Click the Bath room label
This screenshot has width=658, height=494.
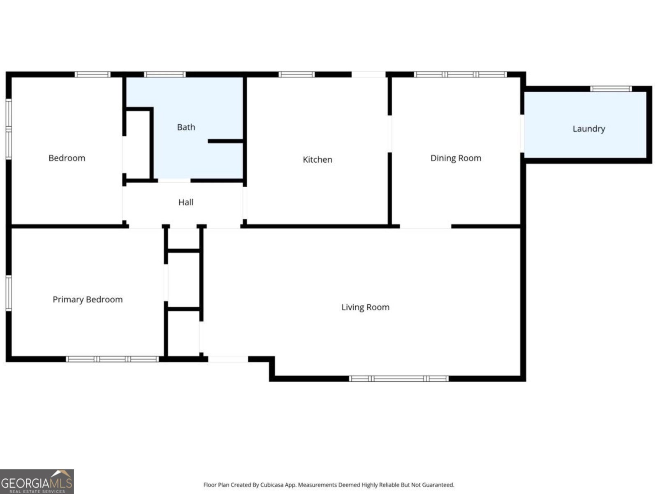tap(186, 127)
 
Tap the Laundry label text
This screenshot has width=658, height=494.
tap(588, 129)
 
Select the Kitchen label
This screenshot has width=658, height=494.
tap(317, 160)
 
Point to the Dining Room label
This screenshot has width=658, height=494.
tap(456, 158)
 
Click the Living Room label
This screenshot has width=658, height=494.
tap(365, 307)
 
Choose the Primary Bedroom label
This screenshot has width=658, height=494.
tap(88, 300)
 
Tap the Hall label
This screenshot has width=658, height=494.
tap(186, 202)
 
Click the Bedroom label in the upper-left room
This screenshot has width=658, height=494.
tap(67, 158)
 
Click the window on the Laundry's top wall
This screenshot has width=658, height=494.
tap(611, 89)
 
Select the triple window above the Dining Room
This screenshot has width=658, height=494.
tap(460, 75)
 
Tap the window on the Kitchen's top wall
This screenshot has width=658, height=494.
tap(297, 75)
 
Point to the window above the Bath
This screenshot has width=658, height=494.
tap(164, 75)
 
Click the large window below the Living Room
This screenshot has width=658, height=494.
tap(399, 379)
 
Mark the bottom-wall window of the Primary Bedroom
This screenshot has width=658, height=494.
tap(112, 359)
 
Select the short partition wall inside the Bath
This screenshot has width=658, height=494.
tap(226, 141)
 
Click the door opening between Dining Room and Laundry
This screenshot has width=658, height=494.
tap(522, 134)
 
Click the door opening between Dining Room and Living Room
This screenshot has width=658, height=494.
tap(425, 226)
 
